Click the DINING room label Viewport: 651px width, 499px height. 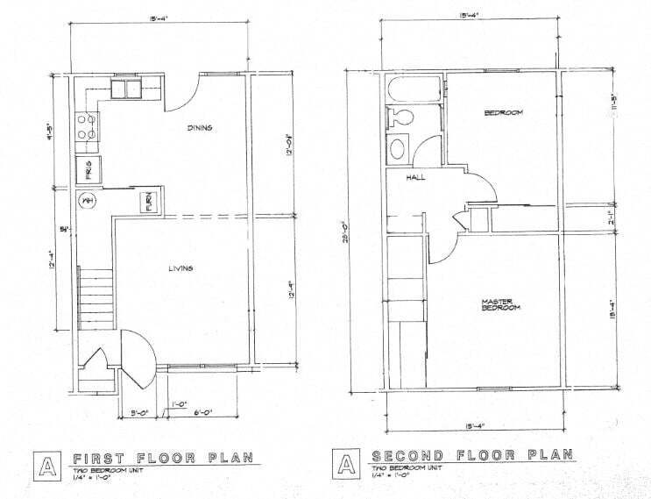coord(201,128)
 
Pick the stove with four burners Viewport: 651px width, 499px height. coord(88,127)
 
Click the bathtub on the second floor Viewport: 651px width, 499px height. coord(414,89)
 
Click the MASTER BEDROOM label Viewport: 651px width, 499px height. coord(500,305)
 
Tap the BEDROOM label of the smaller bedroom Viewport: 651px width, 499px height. coord(503,113)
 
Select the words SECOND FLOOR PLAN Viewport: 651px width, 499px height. coord(473,456)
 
